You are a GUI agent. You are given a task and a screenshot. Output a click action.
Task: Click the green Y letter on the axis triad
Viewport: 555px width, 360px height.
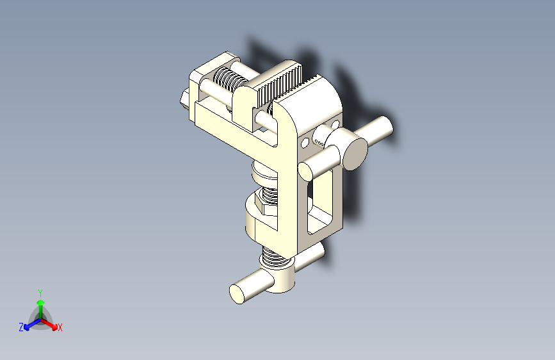tap(40, 292)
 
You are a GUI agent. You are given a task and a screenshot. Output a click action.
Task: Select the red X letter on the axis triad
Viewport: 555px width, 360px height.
tap(60, 327)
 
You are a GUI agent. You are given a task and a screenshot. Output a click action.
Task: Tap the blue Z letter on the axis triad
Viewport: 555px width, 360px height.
tap(21, 327)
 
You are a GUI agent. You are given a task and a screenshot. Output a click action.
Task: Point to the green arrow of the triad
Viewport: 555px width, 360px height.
tap(40, 304)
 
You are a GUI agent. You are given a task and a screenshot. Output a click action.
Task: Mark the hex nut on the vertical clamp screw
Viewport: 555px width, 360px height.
tap(268, 203)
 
